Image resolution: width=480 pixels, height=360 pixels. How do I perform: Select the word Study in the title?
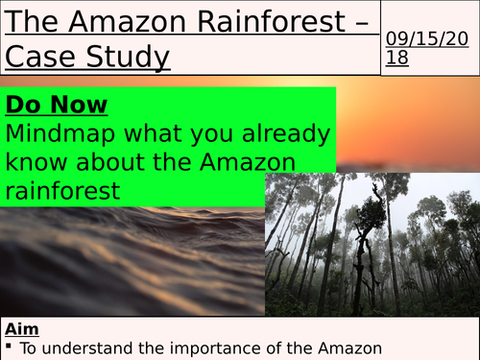[x=126, y=58]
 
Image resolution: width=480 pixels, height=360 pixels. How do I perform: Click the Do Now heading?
[x=57, y=104]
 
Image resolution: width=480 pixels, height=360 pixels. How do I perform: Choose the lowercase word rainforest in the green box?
[x=62, y=190]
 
